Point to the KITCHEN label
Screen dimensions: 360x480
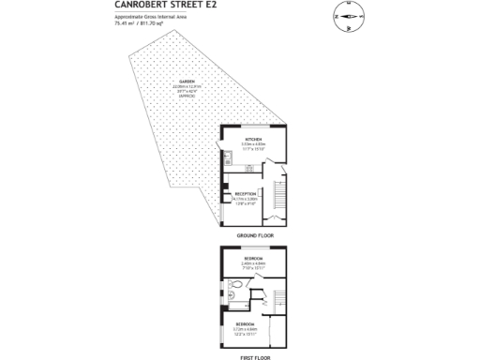pyautogui.click(x=252, y=138)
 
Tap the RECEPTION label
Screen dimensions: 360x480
pyautogui.click(x=247, y=193)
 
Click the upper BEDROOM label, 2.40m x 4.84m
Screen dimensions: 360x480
pyautogui.click(x=253, y=258)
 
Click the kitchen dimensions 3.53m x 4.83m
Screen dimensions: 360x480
pyautogui.click(x=252, y=145)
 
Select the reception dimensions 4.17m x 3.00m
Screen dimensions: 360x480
pyautogui.click(x=247, y=200)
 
